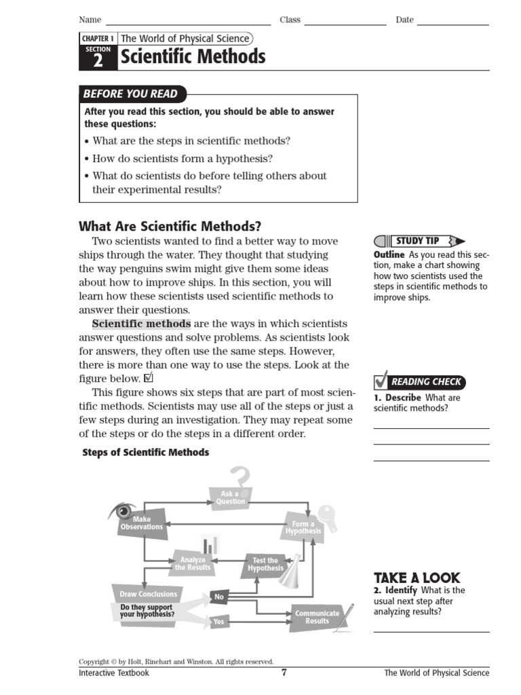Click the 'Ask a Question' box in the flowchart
[231, 497]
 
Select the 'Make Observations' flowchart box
[142, 523]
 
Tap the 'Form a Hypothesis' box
[303, 527]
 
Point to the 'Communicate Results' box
[317, 617]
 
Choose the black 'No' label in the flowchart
[219, 597]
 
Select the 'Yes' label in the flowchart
[219, 621]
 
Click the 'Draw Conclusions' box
[148, 594]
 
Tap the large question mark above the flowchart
[240, 477]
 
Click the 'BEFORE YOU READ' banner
[132, 94]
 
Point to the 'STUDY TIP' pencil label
[419, 241]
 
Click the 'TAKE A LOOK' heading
[417, 578]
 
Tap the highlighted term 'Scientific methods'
[141, 324]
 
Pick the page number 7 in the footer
[284, 673]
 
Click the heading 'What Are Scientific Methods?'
[170, 227]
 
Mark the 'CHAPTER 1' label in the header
[98, 39]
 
